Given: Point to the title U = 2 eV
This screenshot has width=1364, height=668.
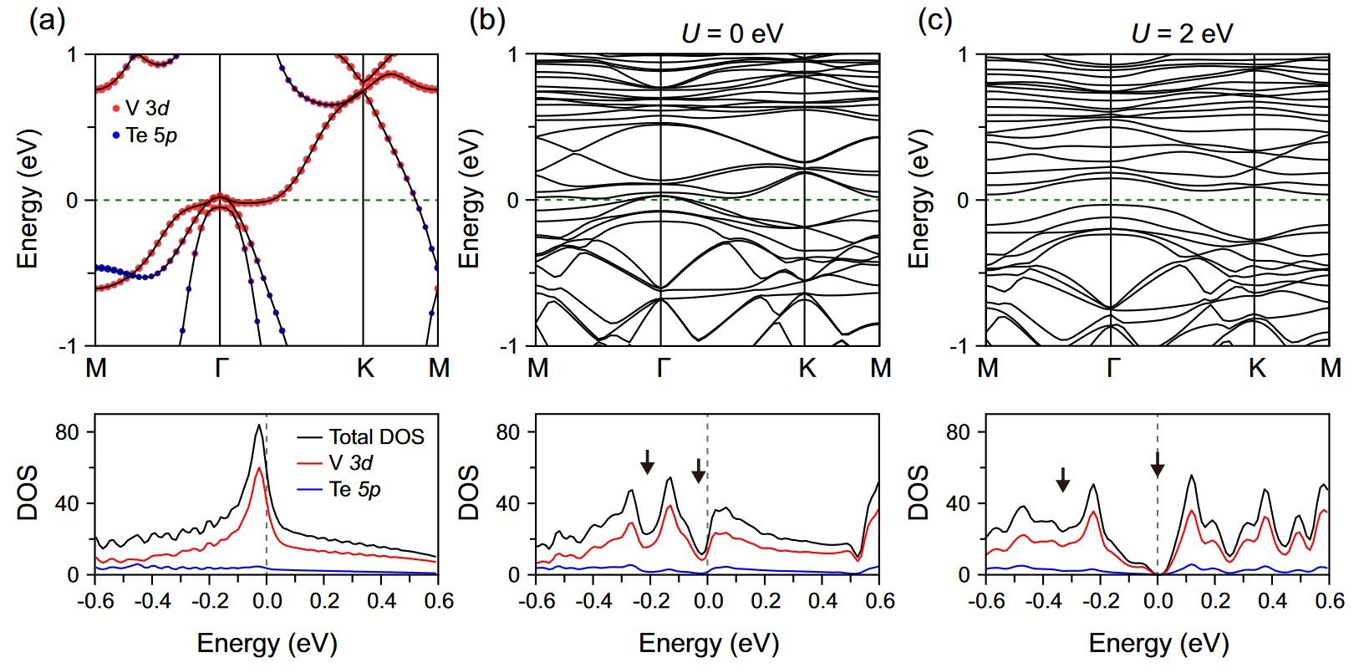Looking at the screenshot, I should click(1181, 33).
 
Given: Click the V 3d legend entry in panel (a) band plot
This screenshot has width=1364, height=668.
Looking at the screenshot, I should click(147, 108).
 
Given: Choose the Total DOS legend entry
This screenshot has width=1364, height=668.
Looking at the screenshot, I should click(375, 436).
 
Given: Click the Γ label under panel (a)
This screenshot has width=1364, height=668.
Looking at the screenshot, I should click(219, 369).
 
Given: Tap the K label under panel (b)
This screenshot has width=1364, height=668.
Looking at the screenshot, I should click(807, 369).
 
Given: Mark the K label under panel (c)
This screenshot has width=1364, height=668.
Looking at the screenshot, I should click(1256, 369).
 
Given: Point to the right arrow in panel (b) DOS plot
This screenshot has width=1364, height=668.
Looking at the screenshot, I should click(699, 471).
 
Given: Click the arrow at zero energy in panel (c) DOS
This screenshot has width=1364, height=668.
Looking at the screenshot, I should click(1158, 463).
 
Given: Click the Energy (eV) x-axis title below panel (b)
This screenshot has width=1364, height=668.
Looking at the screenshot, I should click(709, 644).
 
